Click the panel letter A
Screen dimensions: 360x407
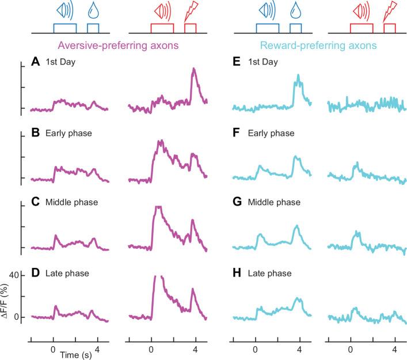(35, 63)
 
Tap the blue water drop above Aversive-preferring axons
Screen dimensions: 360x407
(92, 11)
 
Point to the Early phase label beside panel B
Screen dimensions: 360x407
(67, 133)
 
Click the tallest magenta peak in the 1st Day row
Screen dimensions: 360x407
(193, 69)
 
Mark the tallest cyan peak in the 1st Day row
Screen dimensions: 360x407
(298, 75)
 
